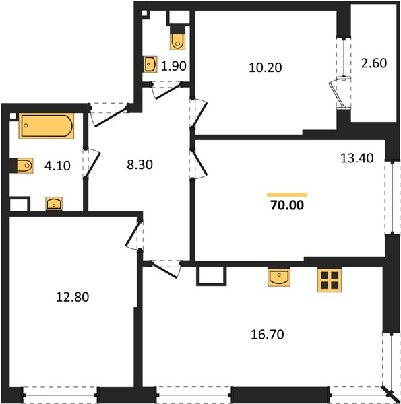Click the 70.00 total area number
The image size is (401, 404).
287,205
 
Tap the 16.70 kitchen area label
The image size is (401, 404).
268,334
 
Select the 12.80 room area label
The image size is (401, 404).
73,297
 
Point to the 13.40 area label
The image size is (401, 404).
357,158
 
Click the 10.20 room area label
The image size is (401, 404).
266,67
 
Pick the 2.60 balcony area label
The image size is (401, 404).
374,63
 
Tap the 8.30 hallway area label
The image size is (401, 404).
140,164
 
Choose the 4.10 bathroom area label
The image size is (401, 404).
57,166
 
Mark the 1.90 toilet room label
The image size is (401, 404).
174,66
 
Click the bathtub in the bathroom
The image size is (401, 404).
47,126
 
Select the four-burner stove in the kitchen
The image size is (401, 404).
330,280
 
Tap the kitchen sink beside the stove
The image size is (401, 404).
279,277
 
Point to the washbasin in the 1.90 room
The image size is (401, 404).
150,64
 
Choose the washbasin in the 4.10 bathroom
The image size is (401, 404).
54,203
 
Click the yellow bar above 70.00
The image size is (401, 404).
287,195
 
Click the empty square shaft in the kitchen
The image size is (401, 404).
212,275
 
